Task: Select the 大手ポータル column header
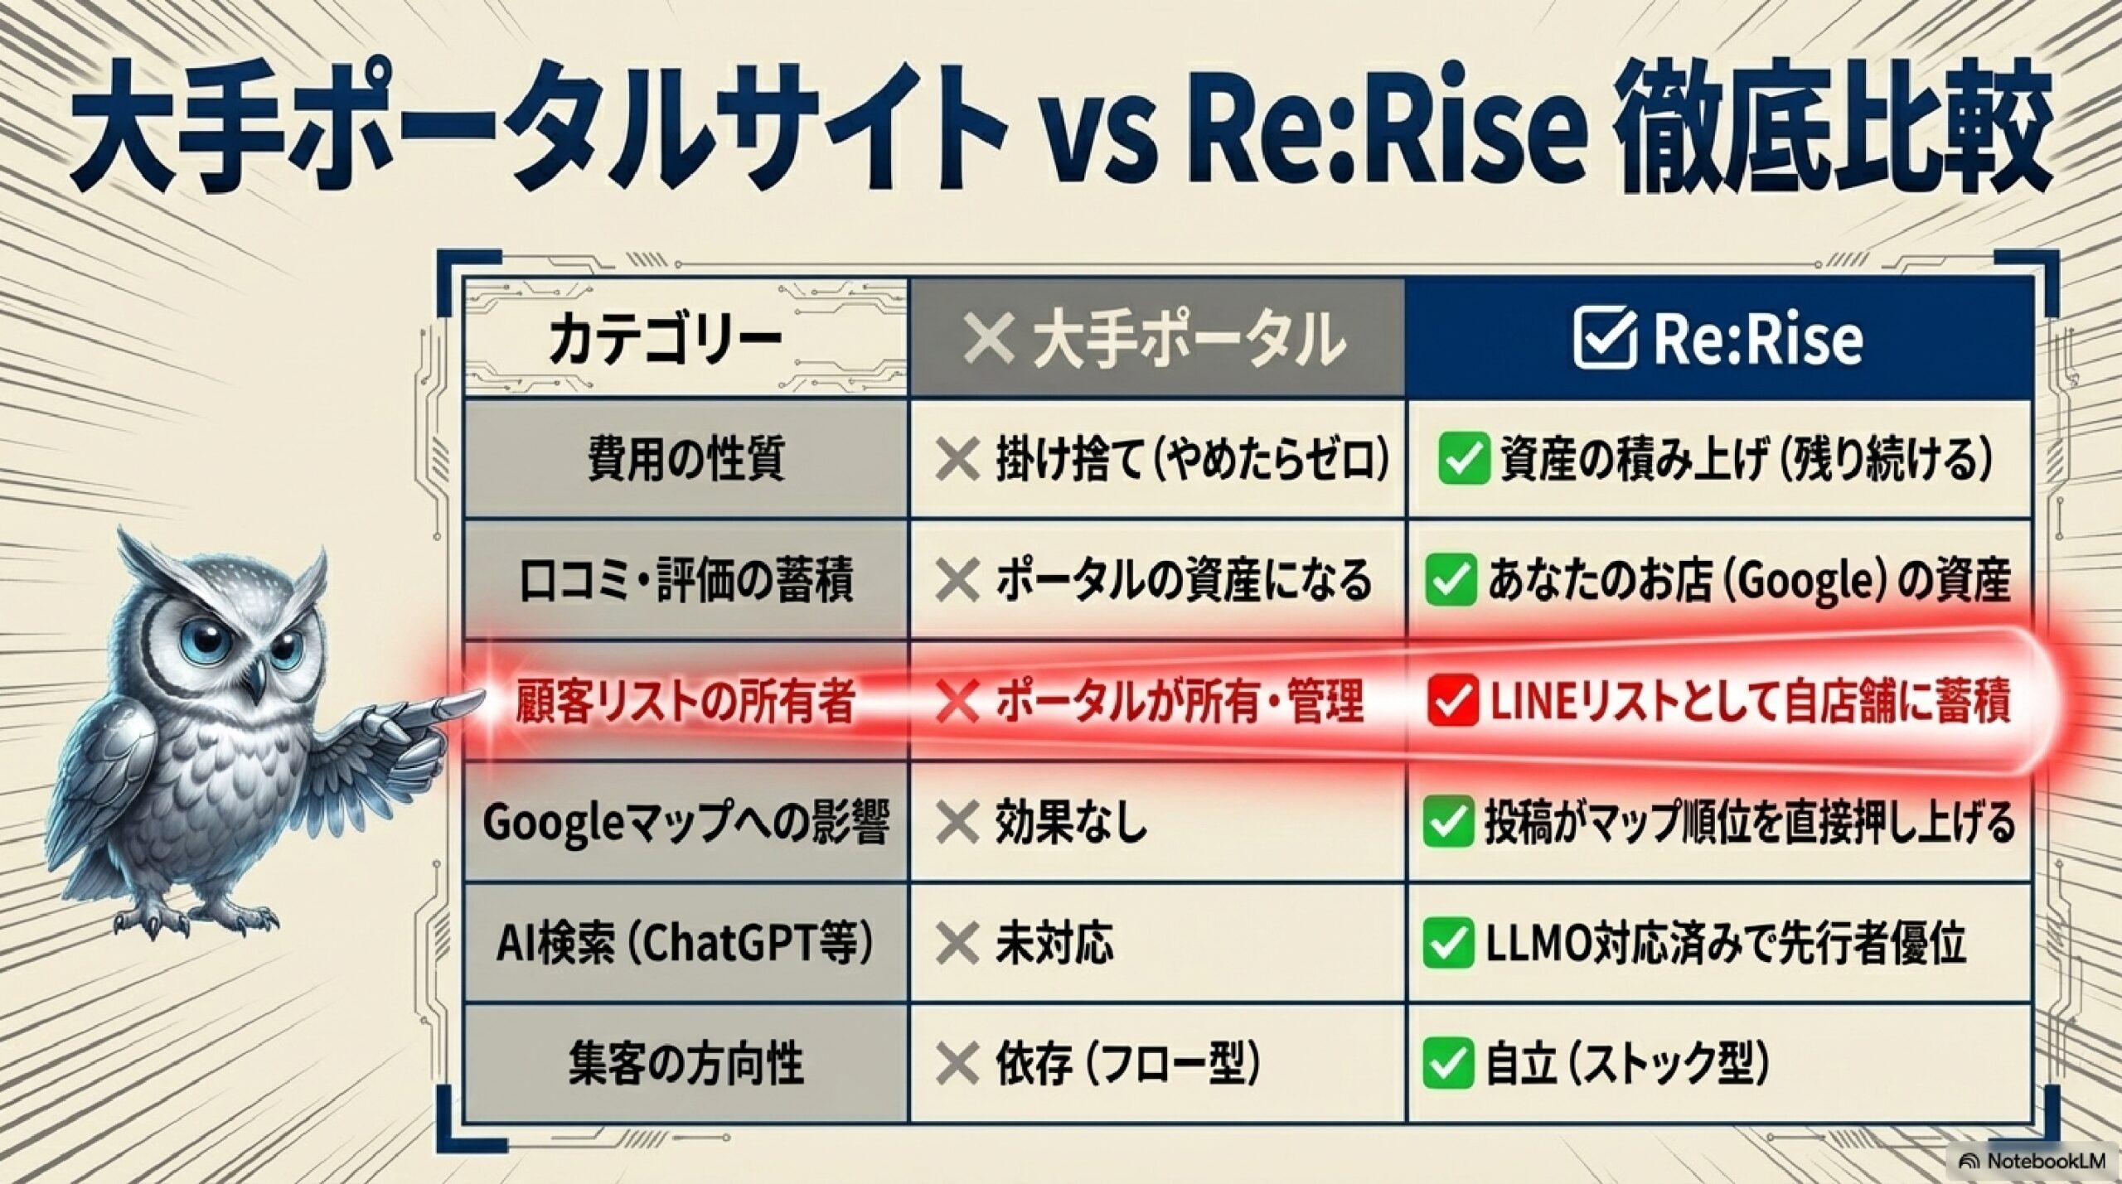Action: [x=1155, y=339]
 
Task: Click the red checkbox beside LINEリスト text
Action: [x=1452, y=702]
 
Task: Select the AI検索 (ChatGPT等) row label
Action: [x=685, y=944]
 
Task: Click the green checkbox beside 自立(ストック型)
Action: [x=1448, y=1065]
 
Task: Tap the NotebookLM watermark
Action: [x=2037, y=1161]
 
